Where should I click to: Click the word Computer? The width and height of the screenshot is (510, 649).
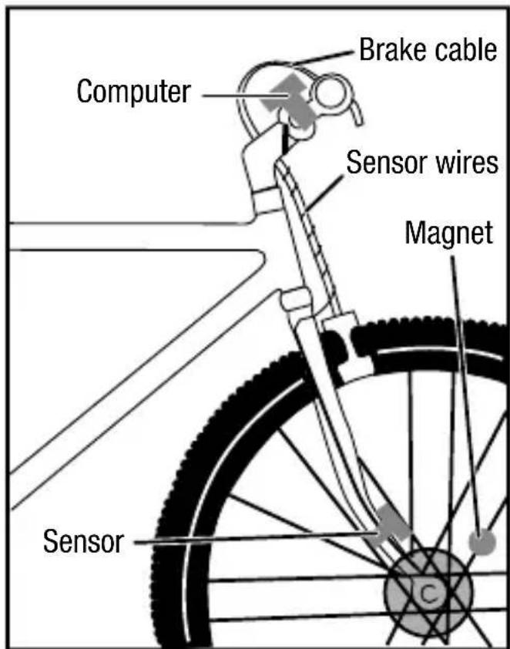[x=133, y=92]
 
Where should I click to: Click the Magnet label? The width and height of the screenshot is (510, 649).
[x=449, y=233]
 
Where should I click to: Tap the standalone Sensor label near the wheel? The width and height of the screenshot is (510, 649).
[x=83, y=541]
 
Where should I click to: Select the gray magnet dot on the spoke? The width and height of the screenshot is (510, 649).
[x=483, y=543]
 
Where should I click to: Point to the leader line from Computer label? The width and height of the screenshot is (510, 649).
[x=231, y=95]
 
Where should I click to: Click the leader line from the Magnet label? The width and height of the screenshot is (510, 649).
[x=465, y=385]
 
